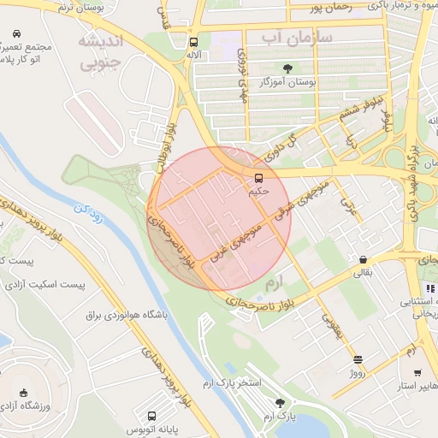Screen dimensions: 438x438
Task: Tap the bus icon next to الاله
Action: tap(194, 40)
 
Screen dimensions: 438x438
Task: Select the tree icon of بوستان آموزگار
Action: tap(287, 68)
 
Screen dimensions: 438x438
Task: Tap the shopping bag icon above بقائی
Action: tap(364, 259)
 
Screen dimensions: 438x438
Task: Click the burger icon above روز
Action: tap(358, 359)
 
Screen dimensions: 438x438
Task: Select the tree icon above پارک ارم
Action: tap(279, 402)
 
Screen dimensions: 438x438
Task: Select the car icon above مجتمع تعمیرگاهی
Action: tap(15, 34)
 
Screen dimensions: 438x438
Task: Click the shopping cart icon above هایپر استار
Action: tap(417, 373)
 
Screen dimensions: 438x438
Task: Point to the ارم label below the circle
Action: tap(274, 281)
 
